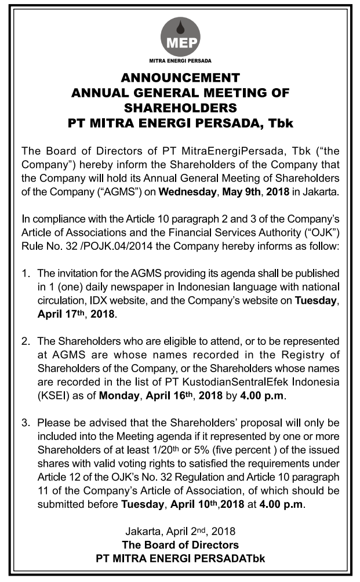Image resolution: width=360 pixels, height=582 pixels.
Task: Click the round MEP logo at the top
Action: tap(180, 35)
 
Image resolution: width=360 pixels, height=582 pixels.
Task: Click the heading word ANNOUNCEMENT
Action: tap(180, 77)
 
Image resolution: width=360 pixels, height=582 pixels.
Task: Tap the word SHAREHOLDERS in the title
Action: tap(180, 108)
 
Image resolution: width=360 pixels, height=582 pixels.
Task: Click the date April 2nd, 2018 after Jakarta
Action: tap(201, 531)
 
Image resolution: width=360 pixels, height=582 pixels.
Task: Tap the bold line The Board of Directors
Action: tap(180, 545)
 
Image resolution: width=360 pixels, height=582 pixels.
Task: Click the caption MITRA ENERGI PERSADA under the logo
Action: tap(180, 60)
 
